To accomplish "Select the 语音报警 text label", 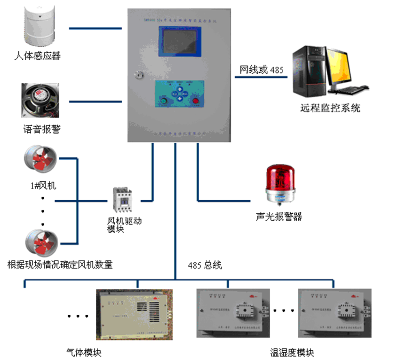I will click(42, 130).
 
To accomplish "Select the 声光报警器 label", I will click(279, 216).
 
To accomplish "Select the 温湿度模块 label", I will click(292, 352).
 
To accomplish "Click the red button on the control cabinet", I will click(196, 101).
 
